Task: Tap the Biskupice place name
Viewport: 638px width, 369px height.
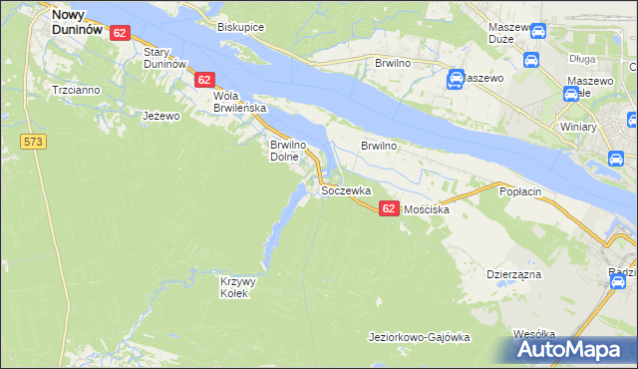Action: click(x=240, y=27)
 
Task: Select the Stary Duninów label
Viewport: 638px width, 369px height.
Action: click(x=165, y=57)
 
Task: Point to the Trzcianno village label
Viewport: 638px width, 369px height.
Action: click(x=76, y=90)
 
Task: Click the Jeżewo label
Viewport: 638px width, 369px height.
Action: click(x=160, y=116)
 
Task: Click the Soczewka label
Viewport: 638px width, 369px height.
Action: click(x=347, y=189)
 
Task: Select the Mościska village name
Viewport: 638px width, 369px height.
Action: click(x=427, y=210)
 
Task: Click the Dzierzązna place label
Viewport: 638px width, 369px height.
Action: click(x=513, y=272)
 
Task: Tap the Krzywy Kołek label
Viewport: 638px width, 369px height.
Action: click(x=238, y=287)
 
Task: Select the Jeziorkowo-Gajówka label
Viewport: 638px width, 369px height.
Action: click(x=419, y=337)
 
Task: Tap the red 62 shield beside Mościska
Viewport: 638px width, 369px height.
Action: click(x=389, y=206)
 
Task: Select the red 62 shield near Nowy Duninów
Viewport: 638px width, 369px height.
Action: click(x=121, y=33)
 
